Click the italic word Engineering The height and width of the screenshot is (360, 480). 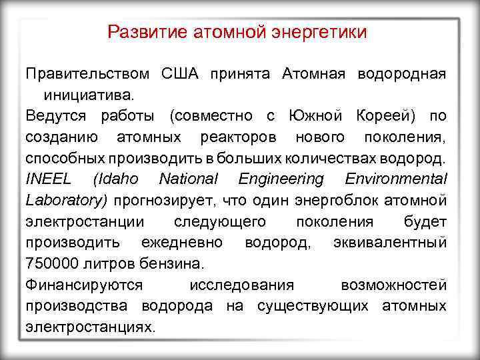[281, 179]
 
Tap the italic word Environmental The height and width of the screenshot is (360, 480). [396, 179]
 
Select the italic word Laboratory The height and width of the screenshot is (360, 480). [66, 200]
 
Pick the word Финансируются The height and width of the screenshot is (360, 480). [84, 285]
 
